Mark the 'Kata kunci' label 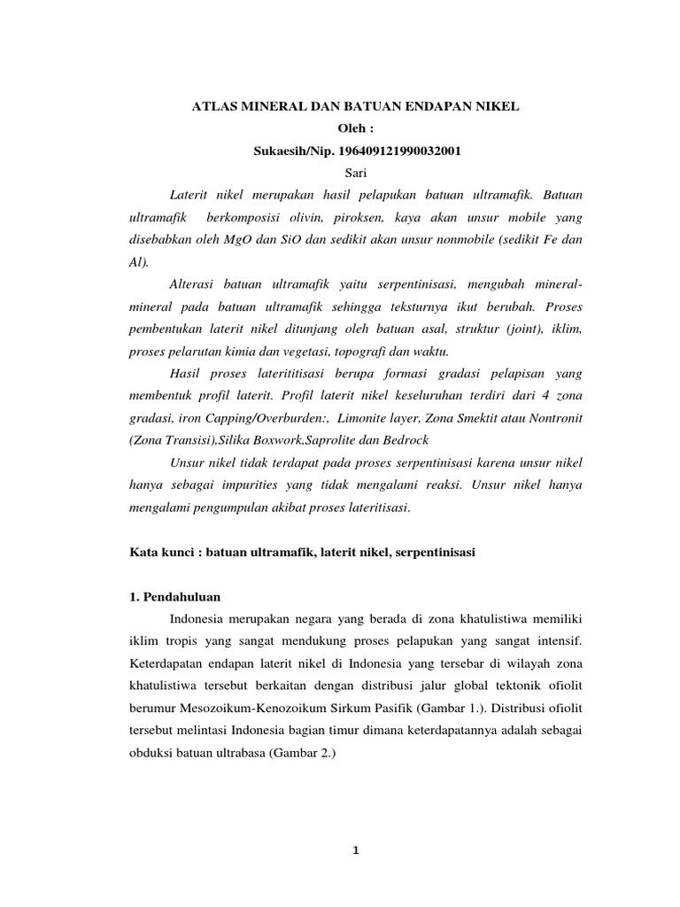click(x=156, y=552)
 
